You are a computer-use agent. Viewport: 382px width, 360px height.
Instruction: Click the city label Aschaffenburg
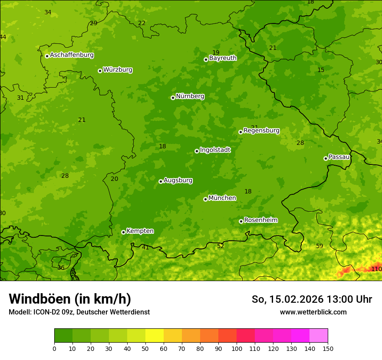72,55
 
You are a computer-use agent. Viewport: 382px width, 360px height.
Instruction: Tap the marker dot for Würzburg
100,71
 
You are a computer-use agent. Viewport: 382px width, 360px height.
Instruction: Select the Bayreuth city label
223,58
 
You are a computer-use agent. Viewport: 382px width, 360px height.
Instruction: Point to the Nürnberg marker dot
173,98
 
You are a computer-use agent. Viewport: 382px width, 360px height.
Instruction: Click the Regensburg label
261,131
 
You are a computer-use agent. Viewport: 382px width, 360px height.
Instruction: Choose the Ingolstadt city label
215,150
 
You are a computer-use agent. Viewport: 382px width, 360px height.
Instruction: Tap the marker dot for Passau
326,158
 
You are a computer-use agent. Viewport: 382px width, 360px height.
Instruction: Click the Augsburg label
178,180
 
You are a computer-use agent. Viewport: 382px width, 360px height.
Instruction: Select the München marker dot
205,199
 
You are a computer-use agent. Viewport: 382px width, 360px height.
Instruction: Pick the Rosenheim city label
260,220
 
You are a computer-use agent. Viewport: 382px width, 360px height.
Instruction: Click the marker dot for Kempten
123,232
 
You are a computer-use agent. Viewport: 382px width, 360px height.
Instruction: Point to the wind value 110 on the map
376,269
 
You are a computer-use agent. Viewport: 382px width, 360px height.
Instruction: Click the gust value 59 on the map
319,246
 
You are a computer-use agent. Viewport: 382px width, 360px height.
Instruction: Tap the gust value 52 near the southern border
221,246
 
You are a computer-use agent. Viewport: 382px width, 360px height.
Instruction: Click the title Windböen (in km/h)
70,299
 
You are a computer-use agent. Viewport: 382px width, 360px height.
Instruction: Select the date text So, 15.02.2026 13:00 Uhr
312,299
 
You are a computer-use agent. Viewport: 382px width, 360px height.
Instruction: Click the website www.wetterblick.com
313,312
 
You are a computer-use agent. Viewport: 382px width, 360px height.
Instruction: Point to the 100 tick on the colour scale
237,349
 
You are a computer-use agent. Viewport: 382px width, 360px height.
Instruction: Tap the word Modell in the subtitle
20,312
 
